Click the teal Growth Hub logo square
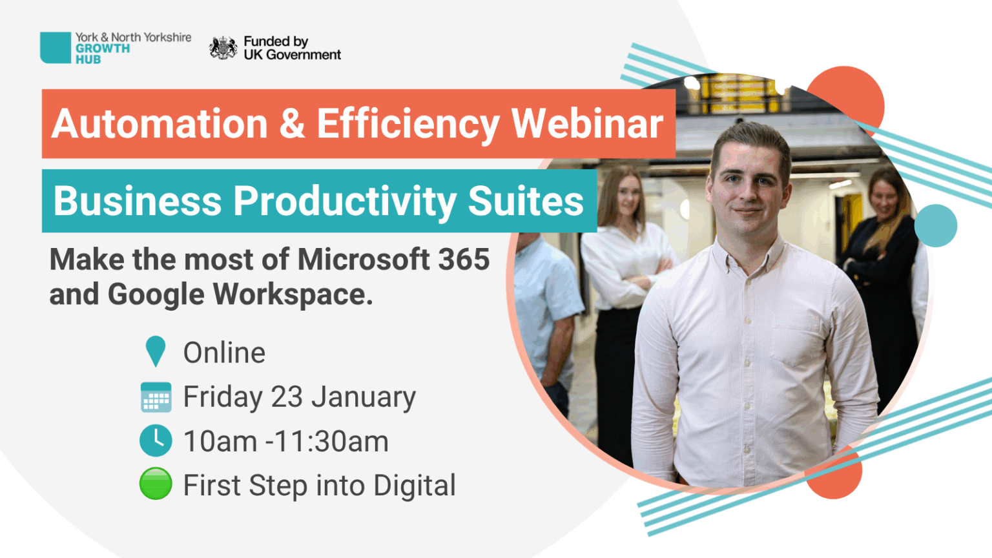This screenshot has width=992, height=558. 56,48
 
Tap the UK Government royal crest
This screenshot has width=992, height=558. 223,48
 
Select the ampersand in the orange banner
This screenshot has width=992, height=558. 292,123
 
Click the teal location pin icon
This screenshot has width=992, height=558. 156,351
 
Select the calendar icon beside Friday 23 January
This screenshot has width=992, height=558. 156,397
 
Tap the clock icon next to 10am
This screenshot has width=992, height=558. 156,440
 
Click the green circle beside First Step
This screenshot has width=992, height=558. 156,484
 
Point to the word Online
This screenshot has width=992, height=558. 224,353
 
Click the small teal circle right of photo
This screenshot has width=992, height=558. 936,225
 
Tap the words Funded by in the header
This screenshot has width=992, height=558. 276,41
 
